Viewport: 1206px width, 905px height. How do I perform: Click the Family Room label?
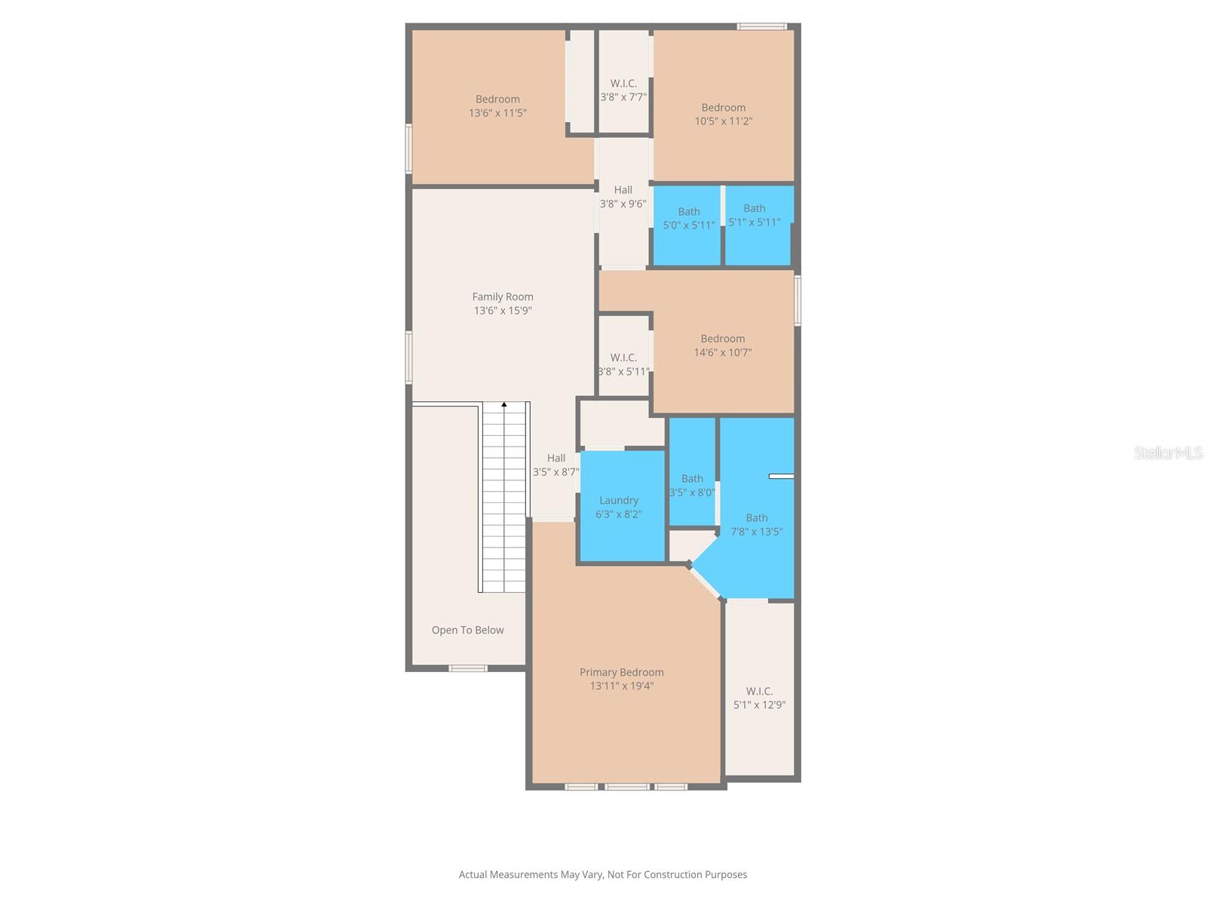point(503,297)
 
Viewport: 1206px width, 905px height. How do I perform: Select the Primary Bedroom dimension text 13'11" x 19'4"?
point(622,686)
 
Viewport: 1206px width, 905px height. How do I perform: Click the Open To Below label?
point(467,630)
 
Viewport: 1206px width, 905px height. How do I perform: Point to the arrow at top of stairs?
point(504,405)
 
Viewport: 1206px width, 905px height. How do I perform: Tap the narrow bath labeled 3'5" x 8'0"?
point(692,485)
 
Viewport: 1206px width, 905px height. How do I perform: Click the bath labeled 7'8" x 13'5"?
point(757,524)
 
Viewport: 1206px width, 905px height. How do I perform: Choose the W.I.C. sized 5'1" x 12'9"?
point(759,698)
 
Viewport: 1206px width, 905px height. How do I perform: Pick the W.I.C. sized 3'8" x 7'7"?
point(623,90)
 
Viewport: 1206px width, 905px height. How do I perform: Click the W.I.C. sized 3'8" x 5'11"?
point(623,364)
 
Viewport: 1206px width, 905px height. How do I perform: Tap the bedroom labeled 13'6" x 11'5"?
point(497,106)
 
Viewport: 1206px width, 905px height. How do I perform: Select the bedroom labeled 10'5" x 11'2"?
point(724,114)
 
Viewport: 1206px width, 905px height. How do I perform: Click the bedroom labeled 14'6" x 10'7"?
point(723,345)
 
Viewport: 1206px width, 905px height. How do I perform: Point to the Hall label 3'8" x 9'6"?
point(623,197)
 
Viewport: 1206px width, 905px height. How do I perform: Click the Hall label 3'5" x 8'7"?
point(556,465)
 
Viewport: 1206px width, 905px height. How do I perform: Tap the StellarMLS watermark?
point(1168,453)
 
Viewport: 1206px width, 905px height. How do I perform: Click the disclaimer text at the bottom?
point(603,875)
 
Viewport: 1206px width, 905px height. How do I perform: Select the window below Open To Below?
point(468,668)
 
